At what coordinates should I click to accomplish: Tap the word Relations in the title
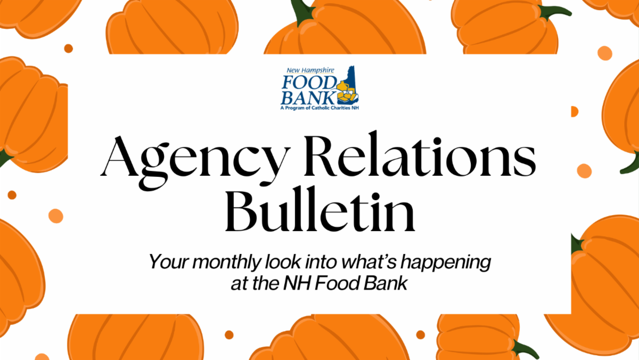420,154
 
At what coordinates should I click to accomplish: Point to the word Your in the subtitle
169,261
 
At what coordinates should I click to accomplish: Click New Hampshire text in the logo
310,70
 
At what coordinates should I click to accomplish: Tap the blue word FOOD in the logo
308,83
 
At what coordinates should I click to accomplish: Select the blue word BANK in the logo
308,98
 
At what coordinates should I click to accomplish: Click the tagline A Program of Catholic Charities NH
319,108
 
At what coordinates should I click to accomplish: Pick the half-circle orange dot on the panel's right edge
574,111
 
